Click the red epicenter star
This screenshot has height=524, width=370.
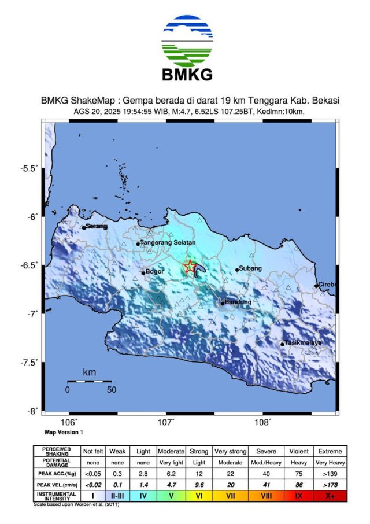(x=189, y=267)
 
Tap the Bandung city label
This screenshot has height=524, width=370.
(x=238, y=302)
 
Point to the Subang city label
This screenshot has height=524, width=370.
(x=251, y=268)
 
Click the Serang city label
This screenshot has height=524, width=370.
(x=97, y=227)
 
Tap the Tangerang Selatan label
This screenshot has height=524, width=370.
(x=168, y=243)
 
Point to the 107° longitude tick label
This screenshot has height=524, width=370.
(x=166, y=422)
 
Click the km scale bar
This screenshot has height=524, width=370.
(x=90, y=381)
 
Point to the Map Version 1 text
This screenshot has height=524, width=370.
(x=64, y=432)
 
